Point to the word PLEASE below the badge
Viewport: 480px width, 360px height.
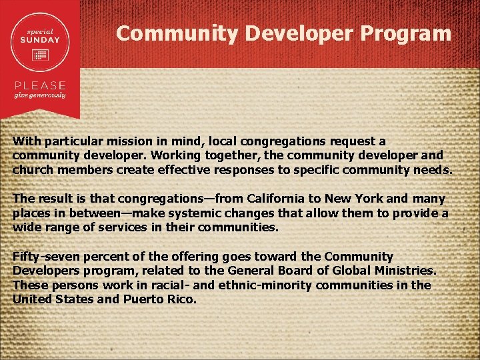coord(41,85)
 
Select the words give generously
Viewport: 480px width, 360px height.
coord(41,95)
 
